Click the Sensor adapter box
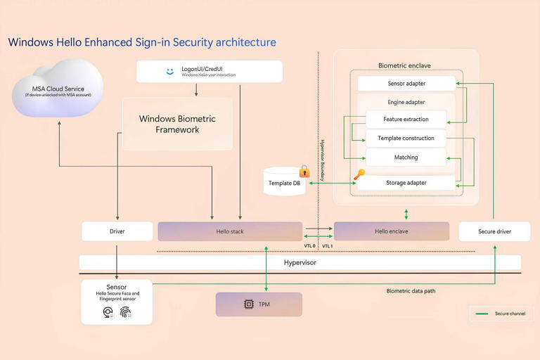tap(406, 84)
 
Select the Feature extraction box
tap(406, 119)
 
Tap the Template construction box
tap(406, 138)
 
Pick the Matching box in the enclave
tap(406, 157)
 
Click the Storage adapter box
tap(406, 183)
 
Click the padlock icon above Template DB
tap(304, 172)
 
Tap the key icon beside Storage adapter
tap(359, 174)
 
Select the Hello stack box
tap(230, 231)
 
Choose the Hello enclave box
tap(391, 231)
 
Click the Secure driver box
tap(494, 231)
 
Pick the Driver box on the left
tap(117, 231)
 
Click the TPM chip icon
tap(248, 304)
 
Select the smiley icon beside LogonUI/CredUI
tap(170, 71)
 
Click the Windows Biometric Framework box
tap(177, 124)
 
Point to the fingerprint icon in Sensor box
tap(125, 312)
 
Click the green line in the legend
tap(482, 314)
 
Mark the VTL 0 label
tap(309, 246)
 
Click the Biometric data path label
tap(411, 291)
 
